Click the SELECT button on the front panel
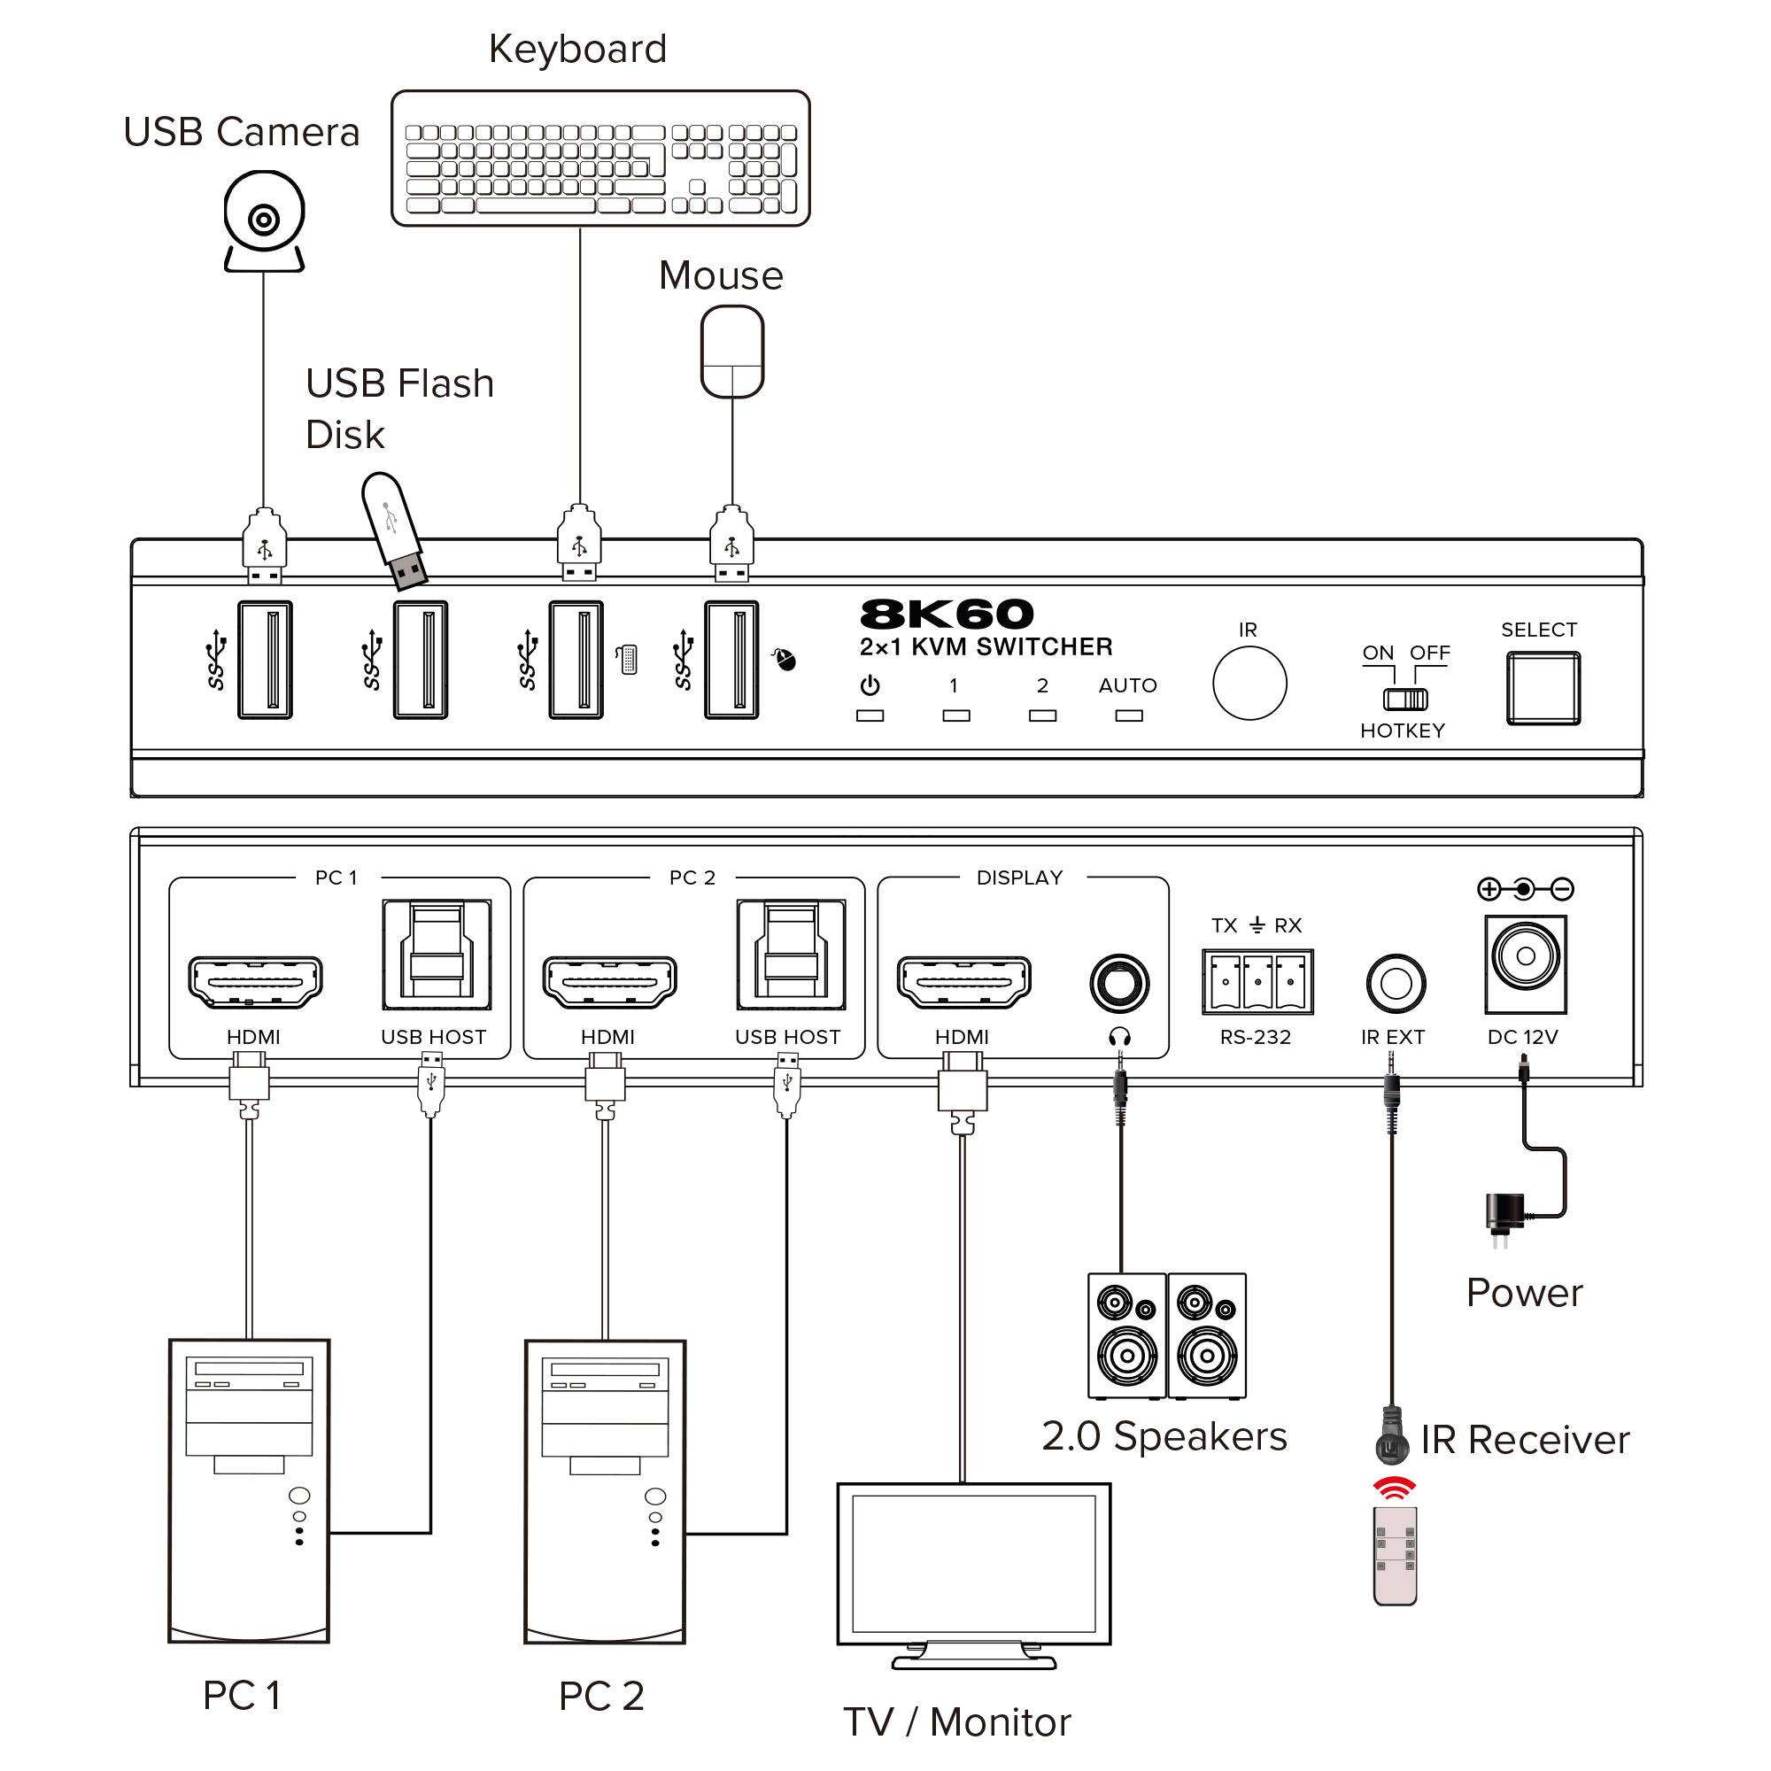[x=1543, y=687]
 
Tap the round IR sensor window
[x=1249, y=683]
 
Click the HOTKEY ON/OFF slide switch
[x=1404, y=700]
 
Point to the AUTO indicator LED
[x=1128, y=715]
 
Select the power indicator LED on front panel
[x=869, y=715]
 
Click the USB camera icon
[x=264, y=220]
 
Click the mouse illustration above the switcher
[x=731, y=351]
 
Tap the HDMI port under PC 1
[x=255, y=981]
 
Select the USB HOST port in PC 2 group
[x=790, y=955]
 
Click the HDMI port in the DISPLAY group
[x=963, y=981]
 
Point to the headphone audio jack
[x=1119, y=984]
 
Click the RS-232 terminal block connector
[x=1257, y=982]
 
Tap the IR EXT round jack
[x=1396, y=984]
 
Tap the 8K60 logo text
[x=946, y=615]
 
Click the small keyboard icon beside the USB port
[x=628, y=659]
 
